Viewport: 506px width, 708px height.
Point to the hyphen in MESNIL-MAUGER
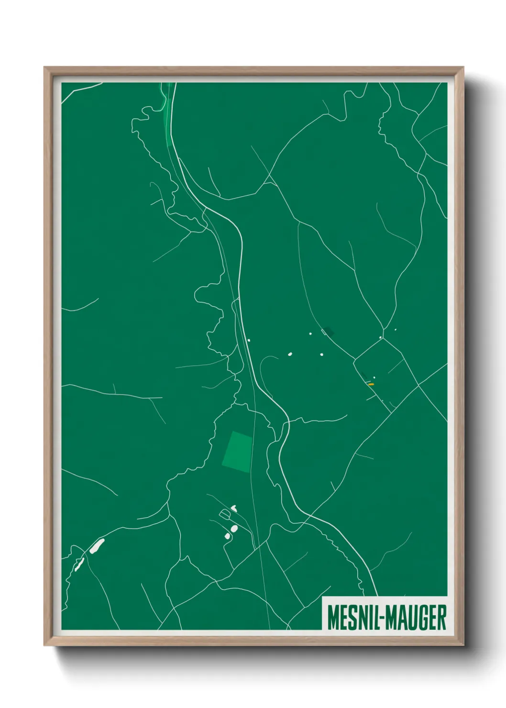point(381,618)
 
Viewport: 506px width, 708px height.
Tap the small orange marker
point(371,384)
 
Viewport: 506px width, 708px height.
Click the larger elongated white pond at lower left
point(96,546)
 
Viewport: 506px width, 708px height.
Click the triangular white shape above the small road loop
point(234,507)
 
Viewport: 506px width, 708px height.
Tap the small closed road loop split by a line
point(225,515)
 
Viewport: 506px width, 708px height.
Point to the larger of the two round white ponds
point(234,528)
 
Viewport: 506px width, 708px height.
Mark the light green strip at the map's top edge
point(166,110)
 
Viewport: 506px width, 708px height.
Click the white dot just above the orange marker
point(374,377)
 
